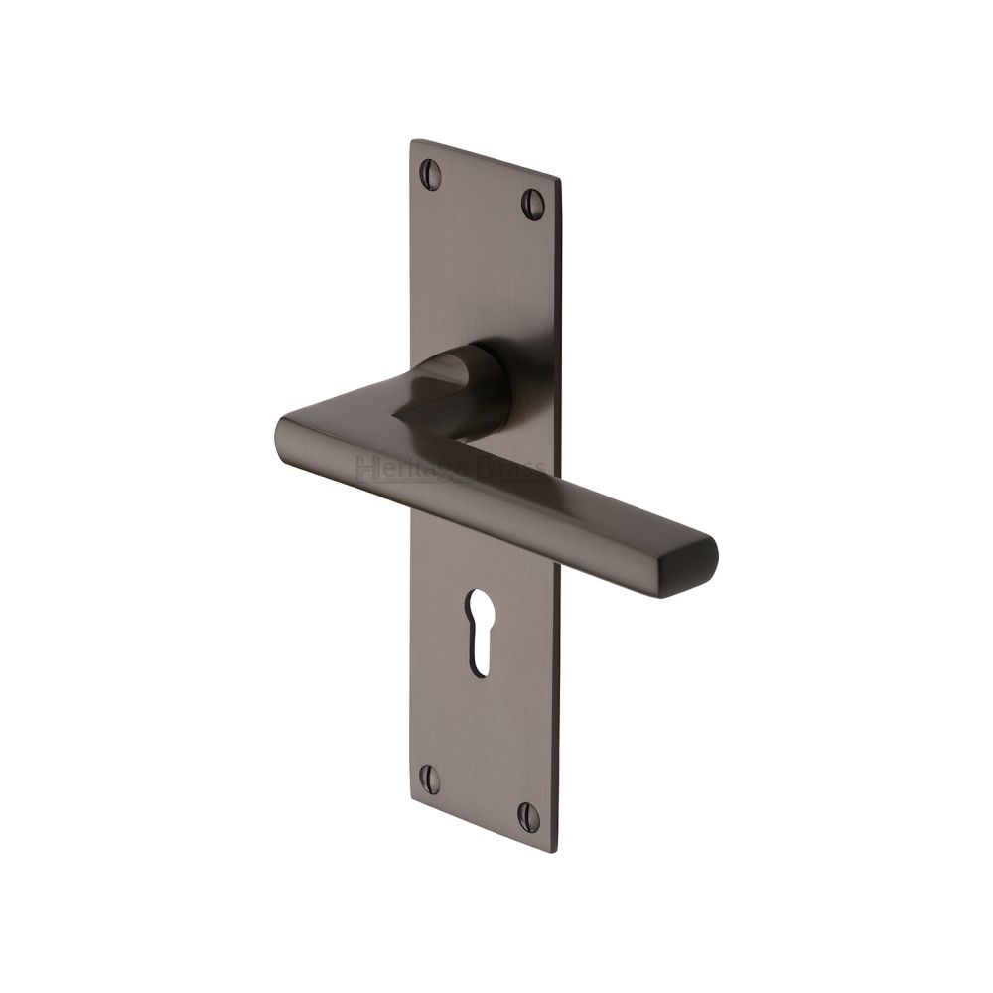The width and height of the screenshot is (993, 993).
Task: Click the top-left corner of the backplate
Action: point(411,141)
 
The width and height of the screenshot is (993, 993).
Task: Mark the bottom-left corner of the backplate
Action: point(411,793)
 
